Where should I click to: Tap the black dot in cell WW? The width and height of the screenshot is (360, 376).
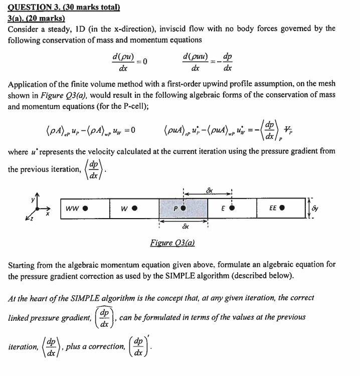(86, 208)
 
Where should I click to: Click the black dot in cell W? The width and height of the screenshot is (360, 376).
(135, 208)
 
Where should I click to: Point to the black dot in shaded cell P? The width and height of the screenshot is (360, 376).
(184, 208)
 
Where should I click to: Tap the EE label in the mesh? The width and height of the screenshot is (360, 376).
(273, 208)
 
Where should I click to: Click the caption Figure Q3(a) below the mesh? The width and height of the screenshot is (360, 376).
(172, 243)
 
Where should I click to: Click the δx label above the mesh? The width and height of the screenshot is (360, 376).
(210, 190)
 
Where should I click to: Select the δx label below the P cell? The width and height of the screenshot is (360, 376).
(184, 226)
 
